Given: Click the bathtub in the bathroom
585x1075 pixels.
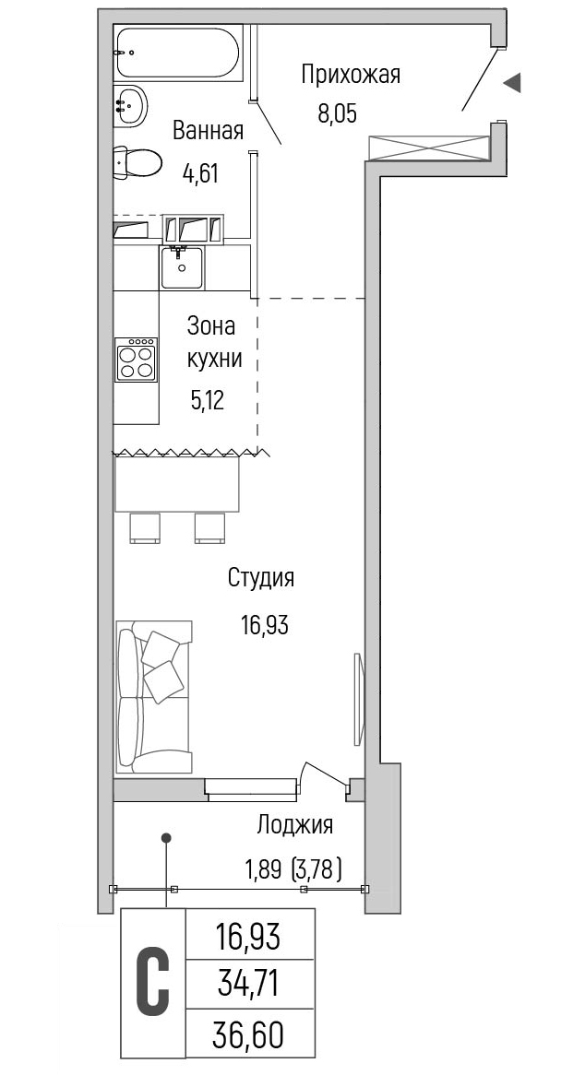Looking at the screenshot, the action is coord(178,53).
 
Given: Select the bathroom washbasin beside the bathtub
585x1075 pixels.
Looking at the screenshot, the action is coord(130,106).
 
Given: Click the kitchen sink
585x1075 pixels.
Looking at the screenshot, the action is coord(182,267).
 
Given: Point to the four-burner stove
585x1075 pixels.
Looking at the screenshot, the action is coord(136,360).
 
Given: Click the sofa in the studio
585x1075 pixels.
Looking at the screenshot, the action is coord(153,697).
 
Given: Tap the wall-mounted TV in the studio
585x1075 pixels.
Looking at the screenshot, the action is coord(357,699).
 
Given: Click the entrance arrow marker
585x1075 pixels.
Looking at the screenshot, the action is coord(512,83).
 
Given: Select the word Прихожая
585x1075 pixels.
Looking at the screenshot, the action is coord(351,75).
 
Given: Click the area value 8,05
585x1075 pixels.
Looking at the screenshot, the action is coord(338,113).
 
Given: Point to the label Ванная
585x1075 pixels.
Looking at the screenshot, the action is coord(208,130).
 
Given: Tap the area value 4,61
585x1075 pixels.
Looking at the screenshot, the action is coord(199,172).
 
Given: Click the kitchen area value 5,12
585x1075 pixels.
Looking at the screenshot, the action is coord(208,400).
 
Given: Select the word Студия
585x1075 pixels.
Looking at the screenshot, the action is coord(261,578).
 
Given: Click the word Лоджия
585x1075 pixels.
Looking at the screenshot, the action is coord(295,825).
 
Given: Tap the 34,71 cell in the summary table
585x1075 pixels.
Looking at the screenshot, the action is coord(250,986).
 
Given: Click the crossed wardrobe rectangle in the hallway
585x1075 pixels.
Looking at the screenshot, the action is coord(429,147).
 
